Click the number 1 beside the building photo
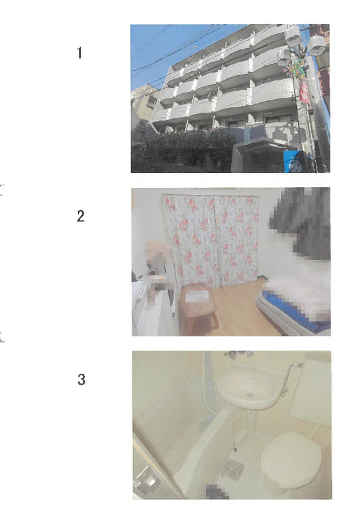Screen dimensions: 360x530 pos(80,53)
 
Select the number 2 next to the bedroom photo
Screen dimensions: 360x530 pos(80,216)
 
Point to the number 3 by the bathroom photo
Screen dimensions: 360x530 pos(81,379)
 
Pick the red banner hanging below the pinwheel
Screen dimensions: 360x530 pos(303,92)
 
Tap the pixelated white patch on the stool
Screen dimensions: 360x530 pos(197,297)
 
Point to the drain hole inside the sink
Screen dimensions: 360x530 pos(249,395)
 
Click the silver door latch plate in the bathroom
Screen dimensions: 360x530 pos(147,479)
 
